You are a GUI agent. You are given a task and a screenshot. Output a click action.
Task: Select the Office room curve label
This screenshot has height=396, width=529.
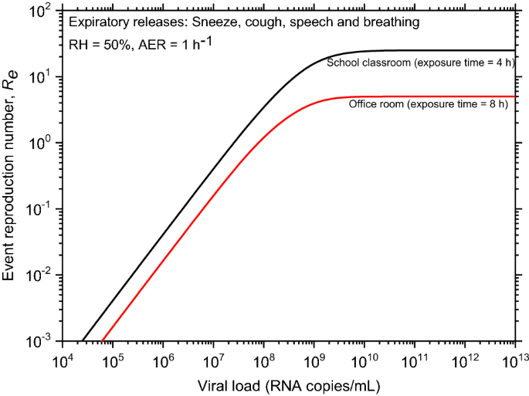tap(428, 104)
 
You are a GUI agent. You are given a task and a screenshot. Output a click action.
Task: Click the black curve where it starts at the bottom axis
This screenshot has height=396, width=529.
tap(83, 340)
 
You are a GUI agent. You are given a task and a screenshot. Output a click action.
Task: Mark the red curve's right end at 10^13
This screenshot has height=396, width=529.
tap(515, 96)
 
